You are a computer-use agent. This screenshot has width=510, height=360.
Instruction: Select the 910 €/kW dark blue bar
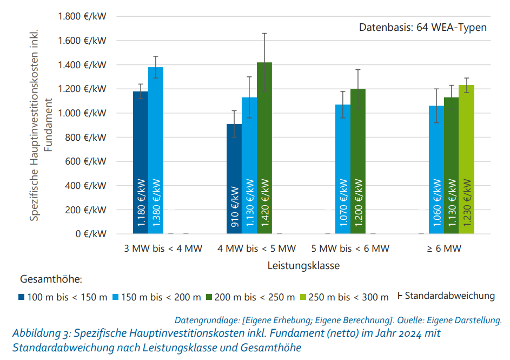click(234, 179)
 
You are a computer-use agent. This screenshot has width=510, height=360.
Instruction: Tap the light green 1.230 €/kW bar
click(466, 159)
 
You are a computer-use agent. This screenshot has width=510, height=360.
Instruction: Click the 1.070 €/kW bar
click(342, 169)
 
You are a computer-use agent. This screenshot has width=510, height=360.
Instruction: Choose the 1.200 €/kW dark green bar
click(358, 161)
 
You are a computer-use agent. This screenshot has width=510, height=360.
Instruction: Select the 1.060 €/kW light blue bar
click(436, 169)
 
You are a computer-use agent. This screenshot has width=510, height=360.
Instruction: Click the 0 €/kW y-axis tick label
click(90, 234)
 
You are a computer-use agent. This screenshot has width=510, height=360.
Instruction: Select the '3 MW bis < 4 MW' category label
click(163, 248)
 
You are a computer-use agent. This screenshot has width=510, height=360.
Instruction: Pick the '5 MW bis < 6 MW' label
click(350, 248)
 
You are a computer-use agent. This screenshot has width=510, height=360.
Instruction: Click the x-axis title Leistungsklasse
click(303, 266)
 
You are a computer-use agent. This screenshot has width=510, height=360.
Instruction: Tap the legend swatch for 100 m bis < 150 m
click(22, 297)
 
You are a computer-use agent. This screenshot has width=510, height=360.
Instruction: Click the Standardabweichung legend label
click(449, 296)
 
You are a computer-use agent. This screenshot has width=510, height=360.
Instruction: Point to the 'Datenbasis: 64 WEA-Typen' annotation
click(423, 27)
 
